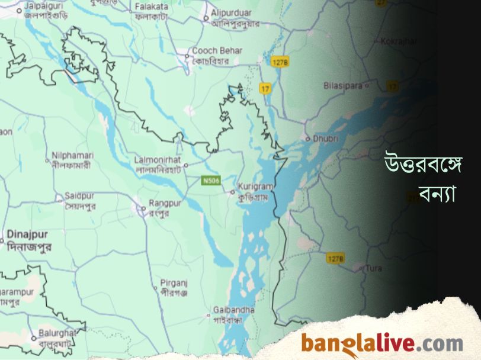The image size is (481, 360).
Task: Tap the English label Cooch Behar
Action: (x=217, y=51)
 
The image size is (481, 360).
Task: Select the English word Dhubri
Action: (x=325, y=138)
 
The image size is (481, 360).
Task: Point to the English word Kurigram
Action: (x=254, y=187)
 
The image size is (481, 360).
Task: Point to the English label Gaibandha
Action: (x=234, y=310)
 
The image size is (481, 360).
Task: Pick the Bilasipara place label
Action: (x=343, y=85)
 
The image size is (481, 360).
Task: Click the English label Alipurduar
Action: (x=232, y=12)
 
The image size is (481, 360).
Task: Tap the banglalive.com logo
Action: (x=381, y=343)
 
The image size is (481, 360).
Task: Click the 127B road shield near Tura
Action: (x=335, y=258)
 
